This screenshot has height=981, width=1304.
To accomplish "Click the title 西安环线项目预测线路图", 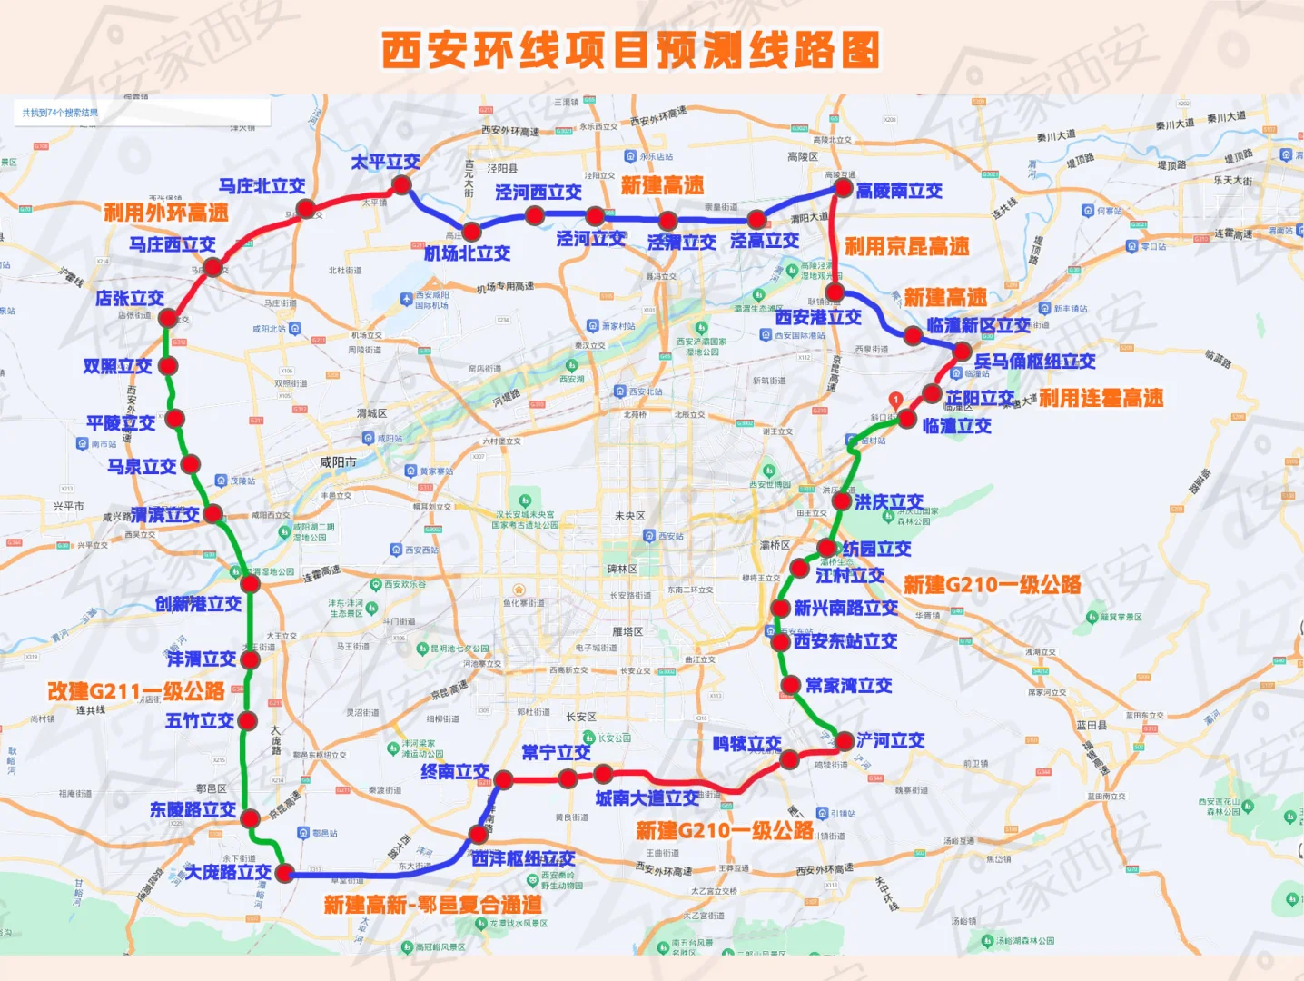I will pyautogui.click(x=630, y=50).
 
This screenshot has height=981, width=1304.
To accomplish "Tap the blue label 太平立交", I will pyautogui.click(x=385, y=162).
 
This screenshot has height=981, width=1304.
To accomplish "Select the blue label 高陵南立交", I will pyautogui.click(x=899, y=191).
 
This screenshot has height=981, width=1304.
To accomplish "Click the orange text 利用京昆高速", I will pyautogui.click(x=906, y=246).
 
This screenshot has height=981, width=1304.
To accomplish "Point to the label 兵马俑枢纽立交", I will pyautogui.click(x=1034, y=361).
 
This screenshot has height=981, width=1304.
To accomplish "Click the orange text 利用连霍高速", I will pyautogui.click(x=1101, y=398).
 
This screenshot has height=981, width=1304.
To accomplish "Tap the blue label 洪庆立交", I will pyautogui.click(x=888, y=501).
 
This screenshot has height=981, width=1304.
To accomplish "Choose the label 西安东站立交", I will pyautogui.click(x=845, y=641).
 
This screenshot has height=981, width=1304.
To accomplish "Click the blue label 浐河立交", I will pyautogui.click(x=891, y=740).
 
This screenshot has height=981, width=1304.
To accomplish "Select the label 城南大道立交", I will pyautogui.click(x=647, y=798).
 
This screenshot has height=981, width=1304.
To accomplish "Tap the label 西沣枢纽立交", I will pyautogui.click(x=523, y=857).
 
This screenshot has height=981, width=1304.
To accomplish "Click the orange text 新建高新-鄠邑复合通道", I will pyautogui.click(x=432, y=905).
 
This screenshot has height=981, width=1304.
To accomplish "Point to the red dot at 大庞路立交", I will pyautogui.click(x=284, y=873).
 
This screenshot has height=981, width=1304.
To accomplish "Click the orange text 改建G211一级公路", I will pyautogui.click(x=136, y=691).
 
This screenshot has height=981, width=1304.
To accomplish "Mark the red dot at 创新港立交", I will pyautogui.click(x=250, y=583).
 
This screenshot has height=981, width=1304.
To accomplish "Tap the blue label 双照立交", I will pyautogui.click(x=117, y=366).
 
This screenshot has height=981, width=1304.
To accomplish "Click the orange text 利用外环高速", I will pyautogui.click(x=165, y=213).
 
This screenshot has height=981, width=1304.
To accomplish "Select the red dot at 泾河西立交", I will pyautogui.click(x=535, y=215).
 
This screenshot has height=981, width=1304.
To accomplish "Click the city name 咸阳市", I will pyautogui.click(x=338, y=462).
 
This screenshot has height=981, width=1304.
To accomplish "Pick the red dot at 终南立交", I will pyautogui.click(x=503, y=779).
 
